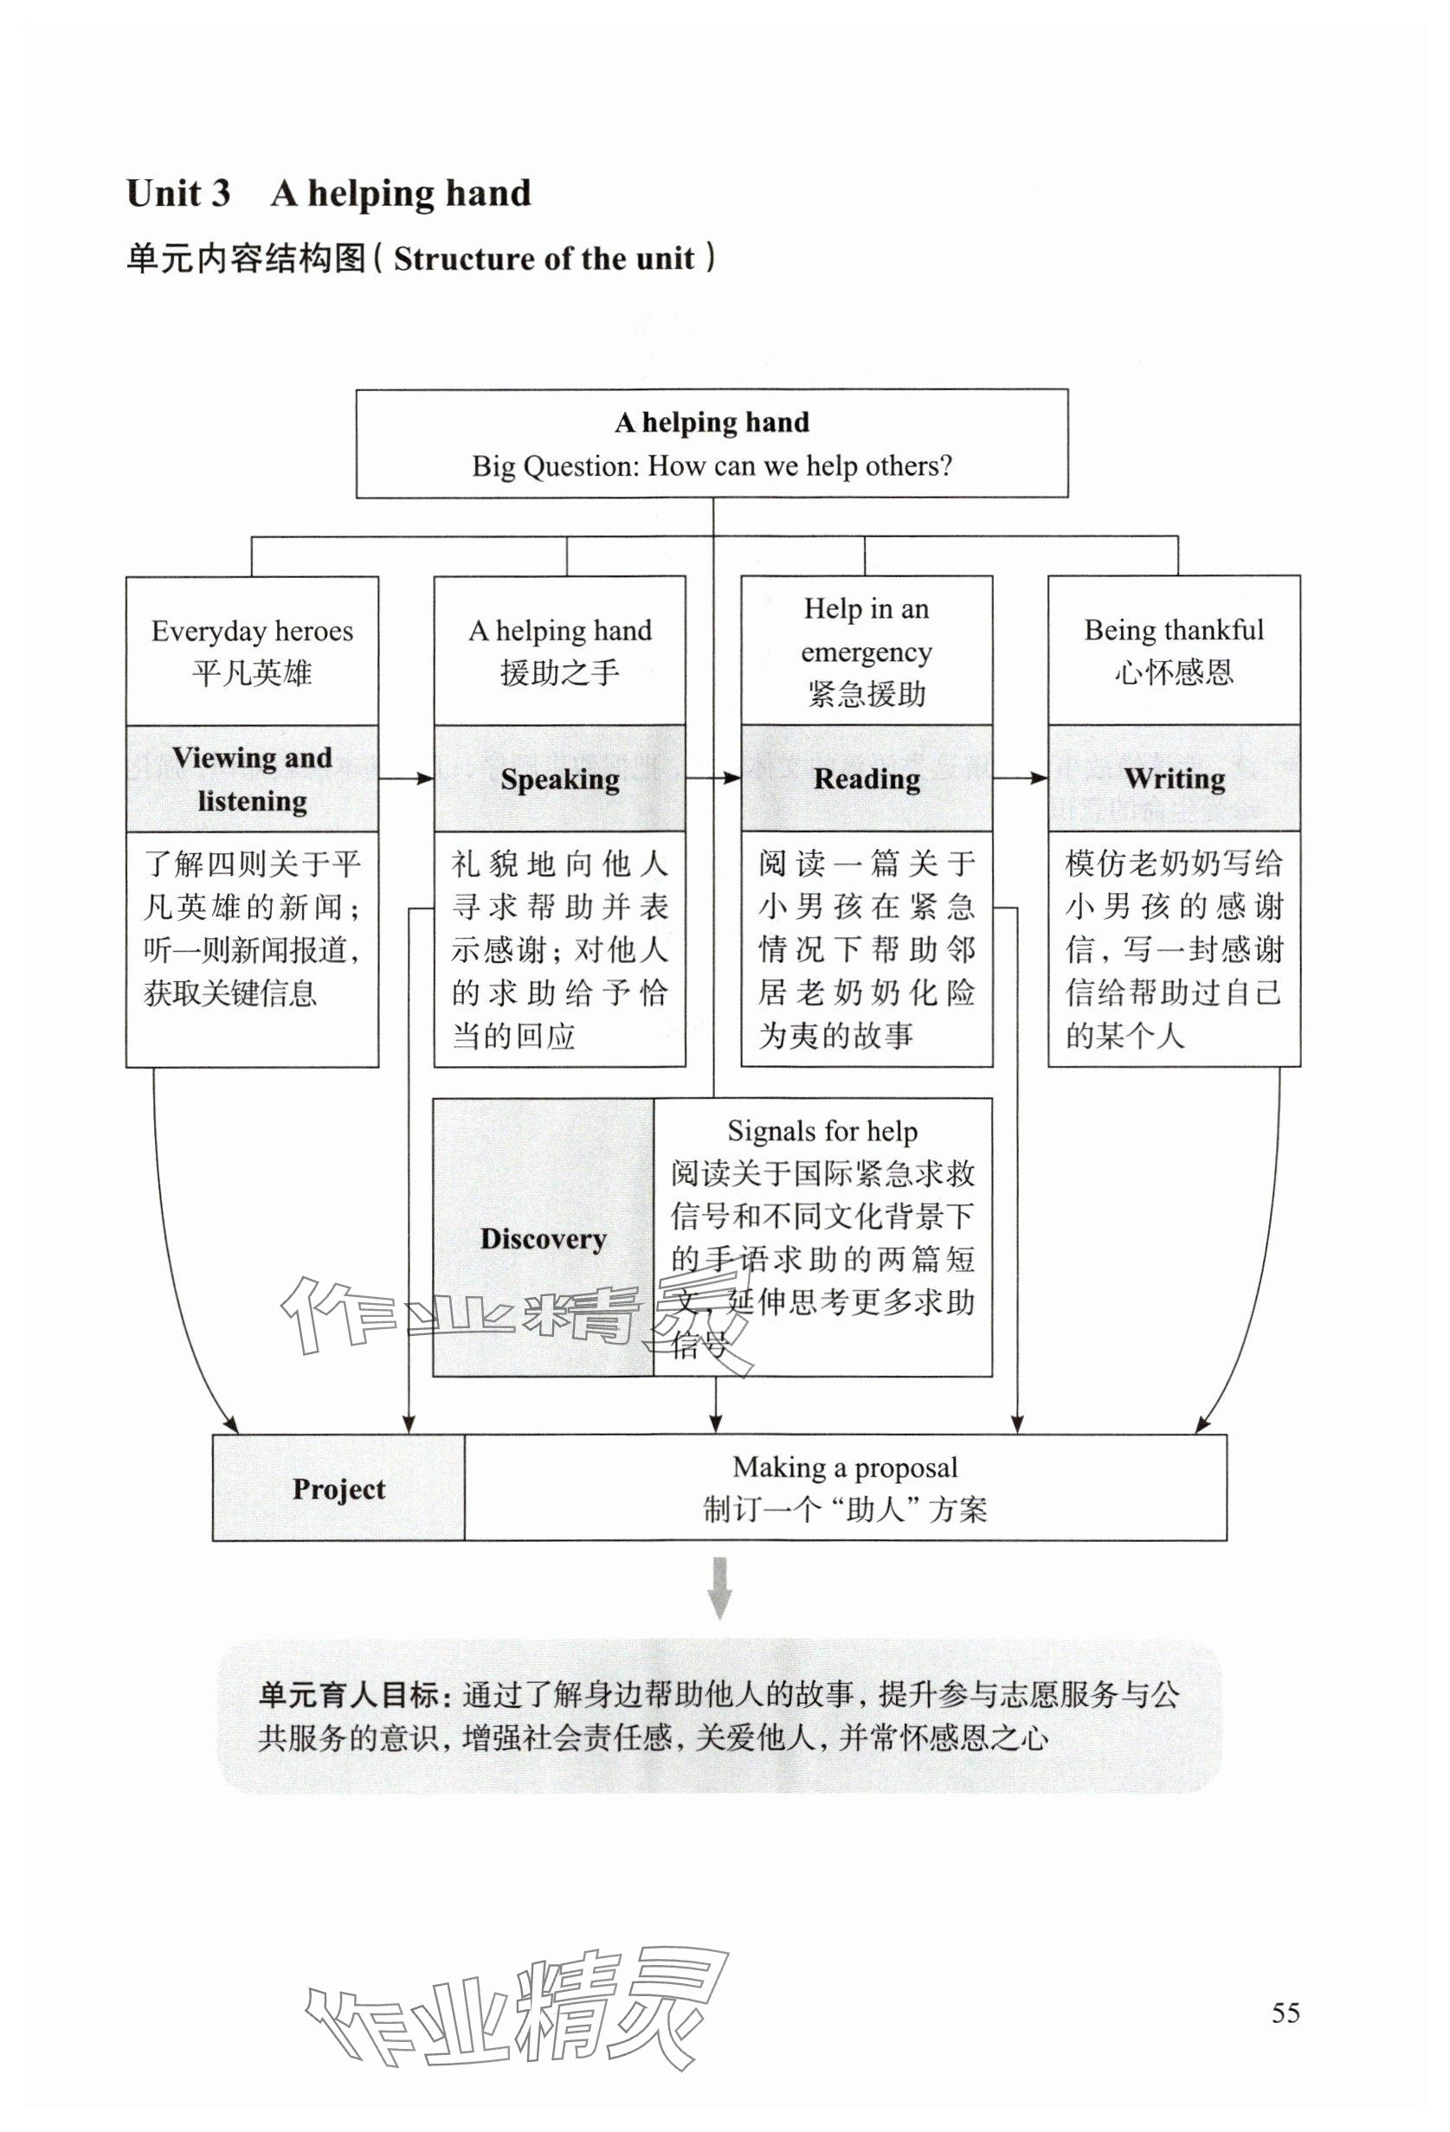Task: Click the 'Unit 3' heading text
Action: (x=178, y=194)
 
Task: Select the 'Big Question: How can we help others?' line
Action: (x=712, y=466)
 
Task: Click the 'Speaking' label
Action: (x=560, y=779)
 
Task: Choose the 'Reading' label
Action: (x=867, y=779)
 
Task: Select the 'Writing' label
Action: (x=1174, y=779)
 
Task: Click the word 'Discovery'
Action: (x=544, y=1238)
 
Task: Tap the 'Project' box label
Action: (x=338, y=1488)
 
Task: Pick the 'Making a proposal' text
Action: (x=844, y=1467)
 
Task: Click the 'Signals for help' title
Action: (x=822, y=1131)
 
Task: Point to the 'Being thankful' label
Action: (x=1174, y=630)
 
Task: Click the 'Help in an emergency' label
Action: (x=867, y=630)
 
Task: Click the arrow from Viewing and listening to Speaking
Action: (x=406, y=779)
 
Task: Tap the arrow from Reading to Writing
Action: (x=1020, y=779)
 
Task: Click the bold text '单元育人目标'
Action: (x=348, y=1694)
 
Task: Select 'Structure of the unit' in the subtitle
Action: (x=544, y=260)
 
